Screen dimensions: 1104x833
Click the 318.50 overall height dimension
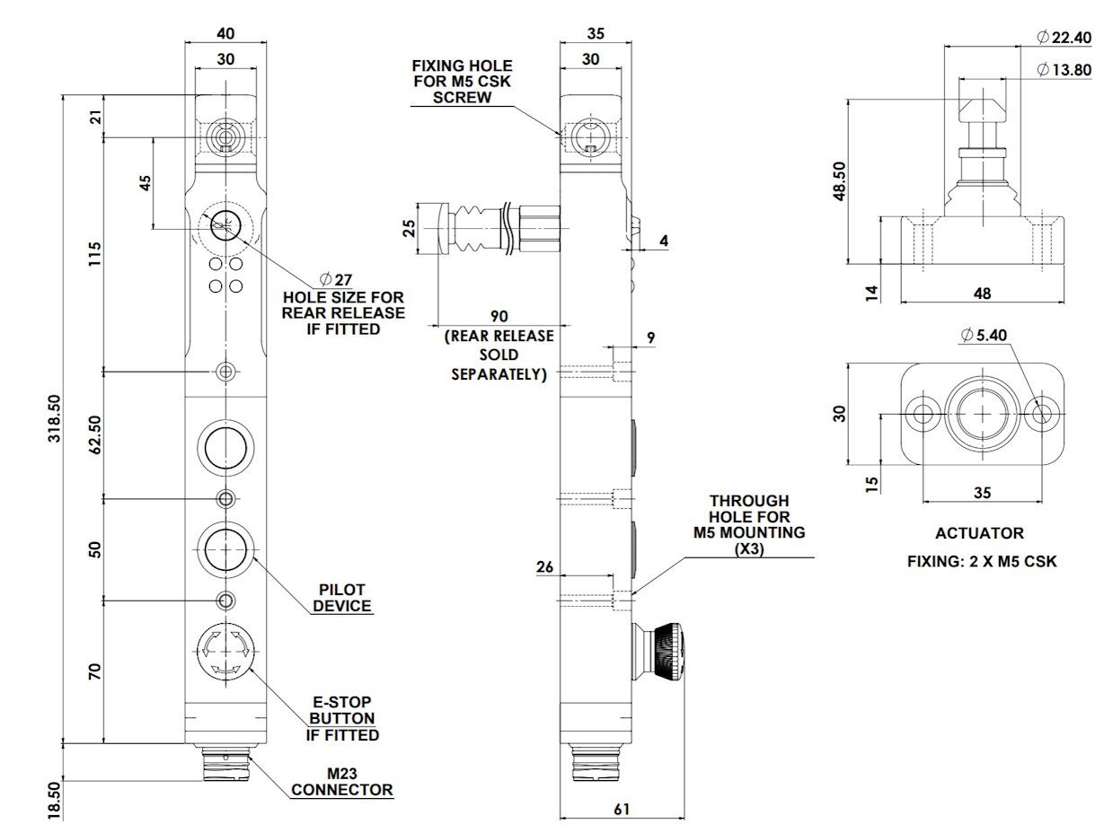tap(54, 418)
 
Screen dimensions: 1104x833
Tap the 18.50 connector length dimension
tap(54, 800)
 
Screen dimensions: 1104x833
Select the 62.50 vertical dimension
tap(95, 434)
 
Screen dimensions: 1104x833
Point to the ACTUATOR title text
tap(979, 533)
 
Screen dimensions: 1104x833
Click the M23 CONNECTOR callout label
tap(342, 781)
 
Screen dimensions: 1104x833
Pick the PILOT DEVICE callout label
tap(342, 597)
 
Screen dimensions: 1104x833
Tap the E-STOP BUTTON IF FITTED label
tap(342, 718)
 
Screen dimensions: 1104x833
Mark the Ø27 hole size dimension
tap(336, 279)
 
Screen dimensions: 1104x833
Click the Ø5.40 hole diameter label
tap(984, 335)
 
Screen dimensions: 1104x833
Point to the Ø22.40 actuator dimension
tap(1064, 37)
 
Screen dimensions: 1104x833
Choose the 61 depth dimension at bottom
tap(622, 809)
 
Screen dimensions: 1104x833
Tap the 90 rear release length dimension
tap(499, 317)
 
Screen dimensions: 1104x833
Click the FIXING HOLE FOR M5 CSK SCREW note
tap(462, 82)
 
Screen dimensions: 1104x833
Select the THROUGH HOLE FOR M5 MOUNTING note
tap(749, 524)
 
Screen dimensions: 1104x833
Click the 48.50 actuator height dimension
tap(839, 180)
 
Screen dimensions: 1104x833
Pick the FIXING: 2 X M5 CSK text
tap(982, 561)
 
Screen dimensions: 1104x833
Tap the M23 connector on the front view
tap(225, 762)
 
